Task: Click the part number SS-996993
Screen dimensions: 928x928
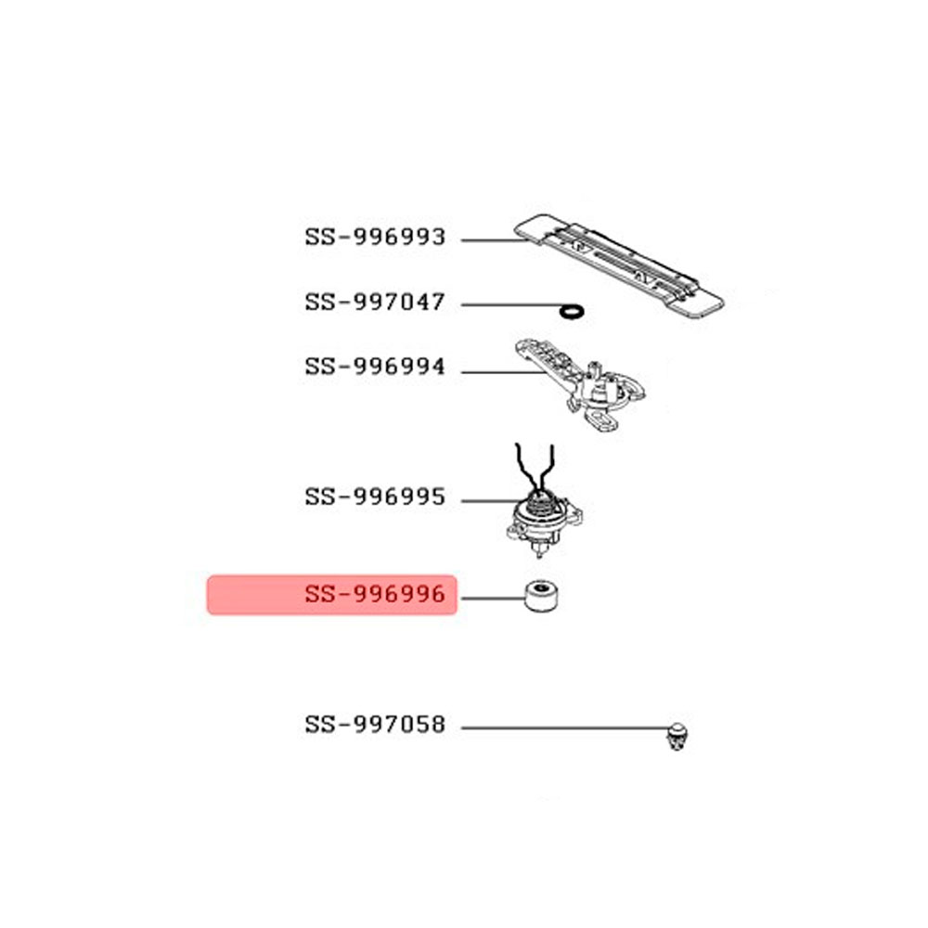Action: tap(375, 238)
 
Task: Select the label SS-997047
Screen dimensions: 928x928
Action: tap(375, 303)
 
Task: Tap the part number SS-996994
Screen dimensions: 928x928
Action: tap(375, 367)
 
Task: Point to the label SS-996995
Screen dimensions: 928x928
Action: tap(375, 497)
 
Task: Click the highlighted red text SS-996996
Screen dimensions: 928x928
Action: tap(375, 594)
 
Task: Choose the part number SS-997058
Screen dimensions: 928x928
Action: tap(375, 725)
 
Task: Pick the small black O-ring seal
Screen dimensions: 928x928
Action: tap(572, 311)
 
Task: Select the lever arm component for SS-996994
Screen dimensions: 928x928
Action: tap(580, 383)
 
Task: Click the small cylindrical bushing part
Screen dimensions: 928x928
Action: tap(541, 597)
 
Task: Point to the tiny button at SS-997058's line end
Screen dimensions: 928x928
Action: tap(677, 736)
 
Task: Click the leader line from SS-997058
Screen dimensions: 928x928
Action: tap(565, 728)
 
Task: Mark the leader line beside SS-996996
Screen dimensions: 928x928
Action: tap(493, 599)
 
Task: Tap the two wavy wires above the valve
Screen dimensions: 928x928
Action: tap(535, 470)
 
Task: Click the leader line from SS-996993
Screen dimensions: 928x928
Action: tap(495, 240)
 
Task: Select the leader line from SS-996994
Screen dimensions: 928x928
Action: tap(504, 372)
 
